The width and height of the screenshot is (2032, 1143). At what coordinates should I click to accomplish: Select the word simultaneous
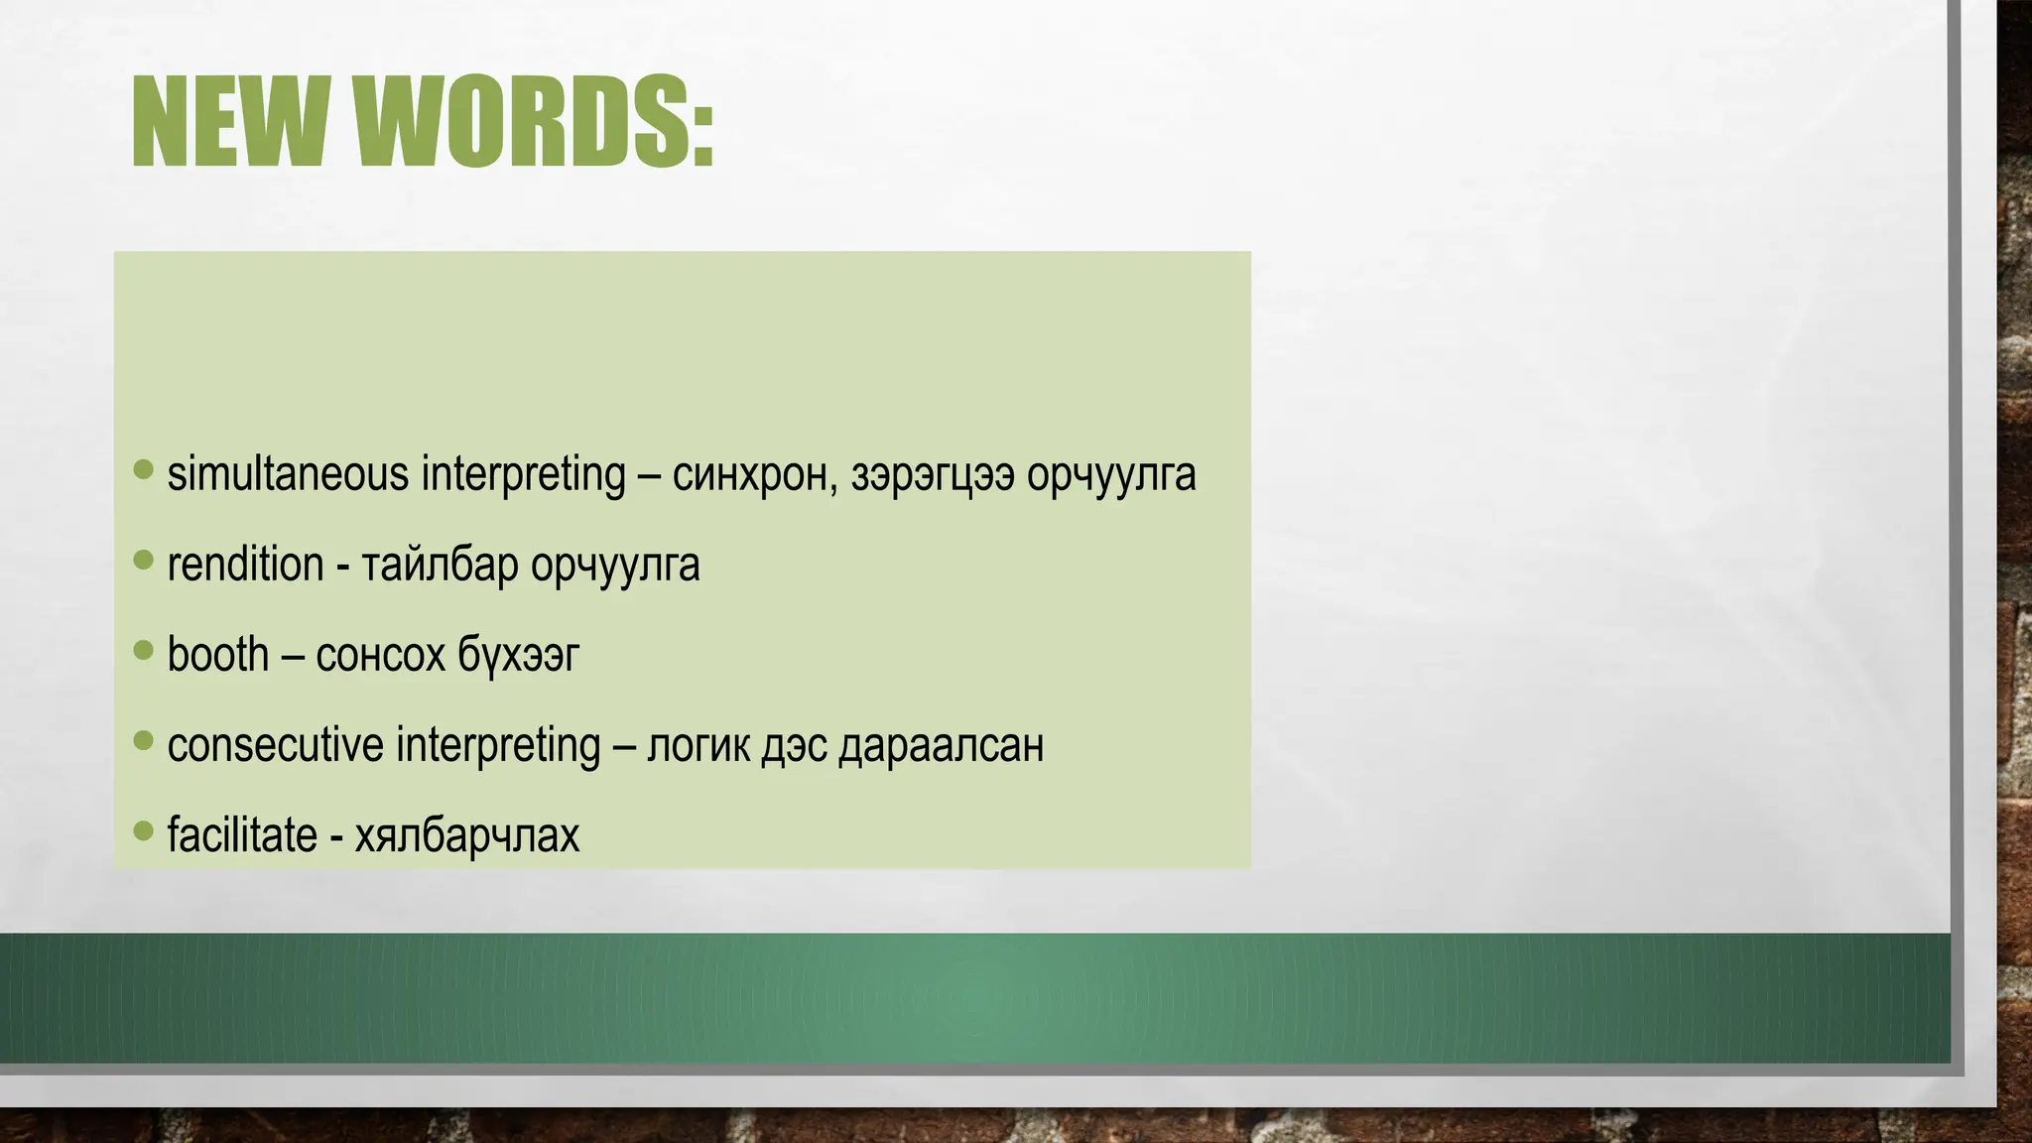(288, 473)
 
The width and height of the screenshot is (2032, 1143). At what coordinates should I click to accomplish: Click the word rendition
(245, 565)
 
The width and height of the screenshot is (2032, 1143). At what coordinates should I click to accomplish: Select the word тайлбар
(440, 566)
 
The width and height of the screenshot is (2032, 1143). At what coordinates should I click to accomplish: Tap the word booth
(218, 655)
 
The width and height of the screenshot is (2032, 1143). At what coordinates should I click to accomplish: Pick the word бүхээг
(518, 656)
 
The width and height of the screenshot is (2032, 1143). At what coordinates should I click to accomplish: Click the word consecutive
(275, 745)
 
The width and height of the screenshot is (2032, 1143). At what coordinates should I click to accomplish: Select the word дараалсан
(941, 746)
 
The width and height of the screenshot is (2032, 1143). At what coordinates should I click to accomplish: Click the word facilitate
(242, 834)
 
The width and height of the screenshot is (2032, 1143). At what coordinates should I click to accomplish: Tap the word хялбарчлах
(466, 835)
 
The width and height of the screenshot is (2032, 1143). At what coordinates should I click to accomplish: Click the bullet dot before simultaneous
(144, 469)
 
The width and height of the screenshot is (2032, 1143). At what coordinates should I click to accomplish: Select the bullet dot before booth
(144, 650)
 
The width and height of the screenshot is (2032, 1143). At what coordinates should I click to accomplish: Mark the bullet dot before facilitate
(144, 829)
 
